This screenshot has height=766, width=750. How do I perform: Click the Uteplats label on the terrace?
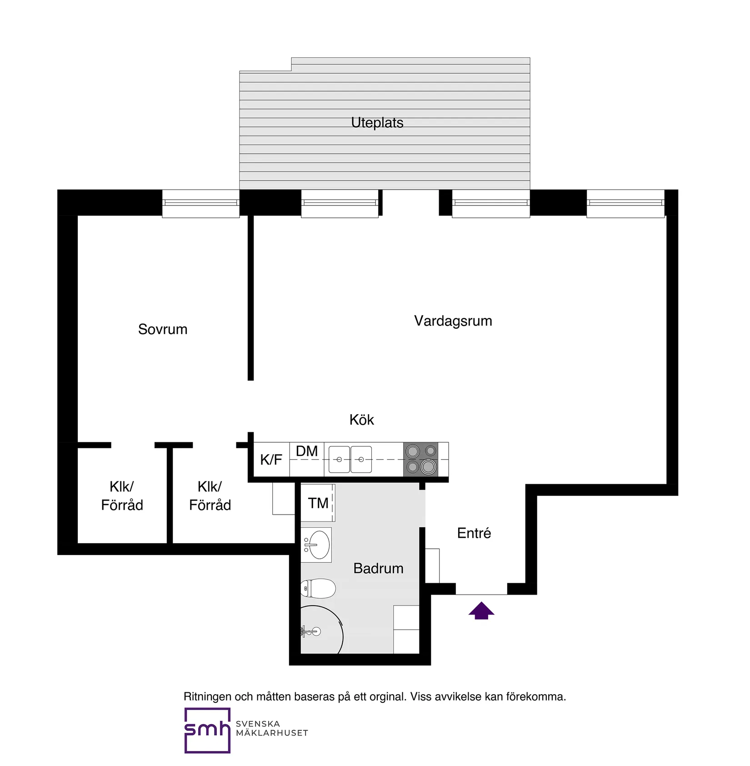(377, 123)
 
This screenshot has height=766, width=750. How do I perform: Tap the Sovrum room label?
(163, 329)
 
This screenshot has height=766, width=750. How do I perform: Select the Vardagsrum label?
(453, 321)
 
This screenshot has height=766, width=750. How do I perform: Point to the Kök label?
(361, 420)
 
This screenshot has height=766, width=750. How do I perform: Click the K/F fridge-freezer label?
(271, 460)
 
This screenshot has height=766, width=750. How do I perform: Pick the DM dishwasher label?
(307, 451)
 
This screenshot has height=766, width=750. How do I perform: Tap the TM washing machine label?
(318, 503)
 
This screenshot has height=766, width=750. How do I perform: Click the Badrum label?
(378, 568)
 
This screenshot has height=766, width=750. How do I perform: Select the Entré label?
(474, 533)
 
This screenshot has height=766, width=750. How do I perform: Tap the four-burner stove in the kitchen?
(420, 459)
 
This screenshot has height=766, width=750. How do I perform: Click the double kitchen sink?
(350, 460)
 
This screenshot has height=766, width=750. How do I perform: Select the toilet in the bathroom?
(319, 589)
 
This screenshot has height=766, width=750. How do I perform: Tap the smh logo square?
(207, 730)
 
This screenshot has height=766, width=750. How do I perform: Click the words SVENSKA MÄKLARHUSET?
(271, 728)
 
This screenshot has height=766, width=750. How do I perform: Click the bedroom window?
(200, 203)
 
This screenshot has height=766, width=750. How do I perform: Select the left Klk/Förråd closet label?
(122, 496)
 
